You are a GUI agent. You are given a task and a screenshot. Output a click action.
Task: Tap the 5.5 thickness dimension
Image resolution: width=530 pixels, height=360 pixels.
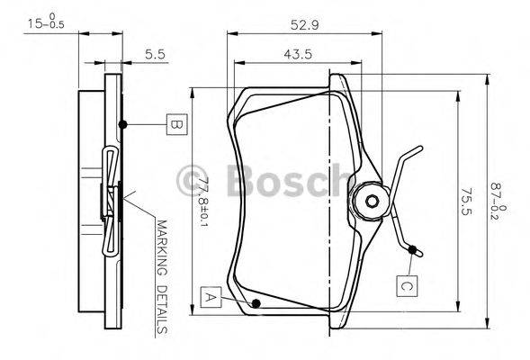tap(156, 54)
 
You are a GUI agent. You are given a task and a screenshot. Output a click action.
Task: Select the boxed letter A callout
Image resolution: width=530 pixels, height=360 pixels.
tap(210, 295)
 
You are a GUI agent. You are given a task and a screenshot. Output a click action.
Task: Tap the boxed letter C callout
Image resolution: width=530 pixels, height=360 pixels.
tap(406, 286)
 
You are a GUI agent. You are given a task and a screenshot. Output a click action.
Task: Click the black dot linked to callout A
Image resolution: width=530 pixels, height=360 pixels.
tap(257, 303)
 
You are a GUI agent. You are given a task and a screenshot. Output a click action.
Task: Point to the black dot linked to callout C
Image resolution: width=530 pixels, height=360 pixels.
tap(413, 249)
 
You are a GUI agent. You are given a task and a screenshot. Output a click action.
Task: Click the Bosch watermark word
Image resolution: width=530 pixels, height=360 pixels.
tap(279, 179)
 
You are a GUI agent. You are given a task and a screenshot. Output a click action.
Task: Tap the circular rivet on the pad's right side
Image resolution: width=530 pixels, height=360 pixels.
tap(369, 201)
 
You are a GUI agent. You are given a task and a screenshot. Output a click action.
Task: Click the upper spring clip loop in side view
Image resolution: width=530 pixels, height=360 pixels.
tap(109, 162)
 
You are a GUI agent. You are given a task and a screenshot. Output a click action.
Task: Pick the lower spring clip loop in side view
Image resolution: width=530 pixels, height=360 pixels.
tap(109, 238)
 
